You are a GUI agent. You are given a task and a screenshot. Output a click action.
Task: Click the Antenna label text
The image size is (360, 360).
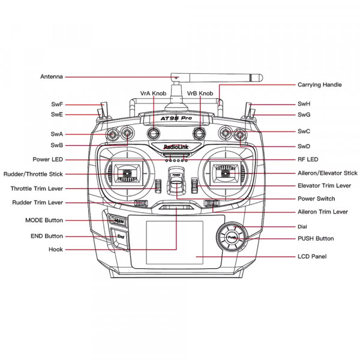coord(52,76)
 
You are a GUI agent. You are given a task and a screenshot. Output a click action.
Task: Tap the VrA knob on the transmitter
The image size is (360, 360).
coord(154,133)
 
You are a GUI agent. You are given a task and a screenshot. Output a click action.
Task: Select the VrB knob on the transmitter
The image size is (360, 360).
coord(199,133)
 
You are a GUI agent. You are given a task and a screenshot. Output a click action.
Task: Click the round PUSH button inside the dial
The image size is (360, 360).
coord(232,237)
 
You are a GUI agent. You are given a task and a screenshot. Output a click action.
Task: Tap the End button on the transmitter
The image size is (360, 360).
coord(120,237)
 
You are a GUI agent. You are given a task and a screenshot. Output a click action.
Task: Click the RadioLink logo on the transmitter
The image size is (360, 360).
coord(176,147)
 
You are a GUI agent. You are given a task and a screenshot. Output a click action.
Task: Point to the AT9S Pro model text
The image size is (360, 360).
coord(176,118)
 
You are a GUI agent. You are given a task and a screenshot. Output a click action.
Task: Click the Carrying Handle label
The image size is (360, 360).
coord(320,85)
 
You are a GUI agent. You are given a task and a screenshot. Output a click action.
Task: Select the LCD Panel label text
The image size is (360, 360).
coord(312,256)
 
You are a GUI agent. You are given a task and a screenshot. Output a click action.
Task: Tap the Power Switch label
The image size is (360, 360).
coord(316,199)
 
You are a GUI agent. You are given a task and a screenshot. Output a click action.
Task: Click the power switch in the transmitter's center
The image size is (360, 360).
coord(176,181)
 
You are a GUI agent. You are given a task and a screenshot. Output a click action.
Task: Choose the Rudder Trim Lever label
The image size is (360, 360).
coord(37,203)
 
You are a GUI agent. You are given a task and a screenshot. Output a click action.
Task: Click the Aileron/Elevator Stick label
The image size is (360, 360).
coord(328,173)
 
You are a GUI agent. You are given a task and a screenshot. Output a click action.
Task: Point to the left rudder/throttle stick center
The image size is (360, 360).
coord(127,173)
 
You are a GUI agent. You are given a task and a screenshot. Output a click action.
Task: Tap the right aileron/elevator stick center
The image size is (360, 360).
coord(226,173)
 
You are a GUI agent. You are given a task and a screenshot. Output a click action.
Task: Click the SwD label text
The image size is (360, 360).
coord(304,146)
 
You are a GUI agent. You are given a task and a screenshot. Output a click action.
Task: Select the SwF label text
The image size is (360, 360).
coord(57,104)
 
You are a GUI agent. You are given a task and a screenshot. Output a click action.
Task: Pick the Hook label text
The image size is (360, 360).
coord(56,250)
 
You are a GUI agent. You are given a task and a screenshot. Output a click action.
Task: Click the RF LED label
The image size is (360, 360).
coord(308,160)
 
